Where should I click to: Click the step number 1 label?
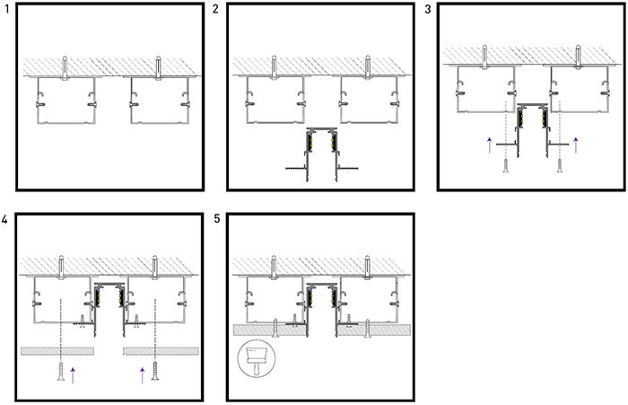pyautogui.click(x=7, y=9)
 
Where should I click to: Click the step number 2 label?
pyautogui.click(x=215, y=9)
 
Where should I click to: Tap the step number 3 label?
pyautogui.click(x=428, y=9)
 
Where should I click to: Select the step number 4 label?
pyautogui.click(x=4, y=219)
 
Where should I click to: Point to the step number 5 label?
pyautogui.click(x=217, y=219)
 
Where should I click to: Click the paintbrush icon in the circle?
pyautogui.click(x=257, y=358)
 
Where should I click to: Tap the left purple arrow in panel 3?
pyautogui.click(x=489, y=145)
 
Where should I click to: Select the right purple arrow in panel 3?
pyautogui.click(x=576, y=145)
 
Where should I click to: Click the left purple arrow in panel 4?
pyautogui.click(x=73, y=375)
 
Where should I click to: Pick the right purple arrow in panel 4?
pyautogui.click(x=142, y=375)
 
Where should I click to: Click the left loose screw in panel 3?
pyautogui.click(x=506, y=165)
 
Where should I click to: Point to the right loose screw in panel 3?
pyautogui.click(x=560, y=165)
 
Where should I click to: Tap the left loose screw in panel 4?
pyautogui.click(x=61, y=371)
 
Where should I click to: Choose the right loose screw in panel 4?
pyautogui.click(x=155, y=371)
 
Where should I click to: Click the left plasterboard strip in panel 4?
pyautogui.click(x=57, y=351)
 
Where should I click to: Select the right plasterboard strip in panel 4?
pyautogui.click(x=162, y=351)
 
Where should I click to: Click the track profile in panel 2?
pyautogui.click(x=321, y=154)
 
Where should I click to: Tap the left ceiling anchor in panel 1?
pyautogui.click(x=65, y=68)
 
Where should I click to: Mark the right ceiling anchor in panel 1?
pyautogui.click(x=159, y=68)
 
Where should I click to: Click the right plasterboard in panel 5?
pyautogui.click(x=374, y=330)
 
